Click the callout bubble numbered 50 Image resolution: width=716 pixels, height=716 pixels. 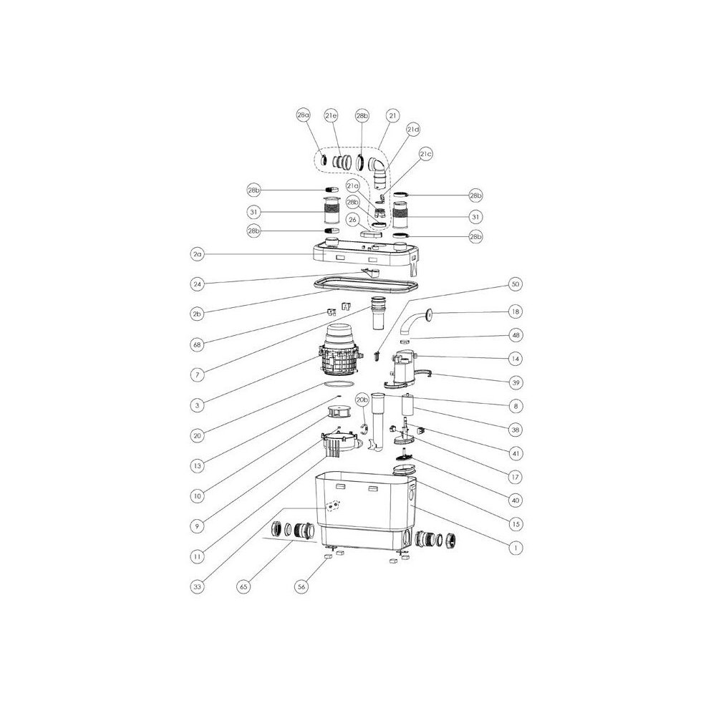pyautogui.click(x=515, y=284)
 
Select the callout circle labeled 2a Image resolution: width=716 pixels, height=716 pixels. pyautogui.click(x=197, y=254)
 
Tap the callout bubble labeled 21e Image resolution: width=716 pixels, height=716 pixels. pyautogui.click(x=331, y=116)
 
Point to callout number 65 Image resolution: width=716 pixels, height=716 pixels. pyautogui.click(x=244, y=586)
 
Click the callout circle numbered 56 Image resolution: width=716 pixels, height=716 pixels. pyautogui.click(x=301, y=586)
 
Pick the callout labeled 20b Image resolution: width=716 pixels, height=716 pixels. pyautogui.click(x=362, y=400)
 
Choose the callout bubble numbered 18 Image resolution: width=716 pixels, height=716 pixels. pyautogui.click(x=515, y=312)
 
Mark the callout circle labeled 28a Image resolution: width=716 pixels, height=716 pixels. pyautogui.click(x=303, y=115)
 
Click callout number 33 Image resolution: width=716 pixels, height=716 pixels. pyautogui.click(x=197, y=586)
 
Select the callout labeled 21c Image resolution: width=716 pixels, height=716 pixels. pyautogui.click(x=425, y=154)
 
